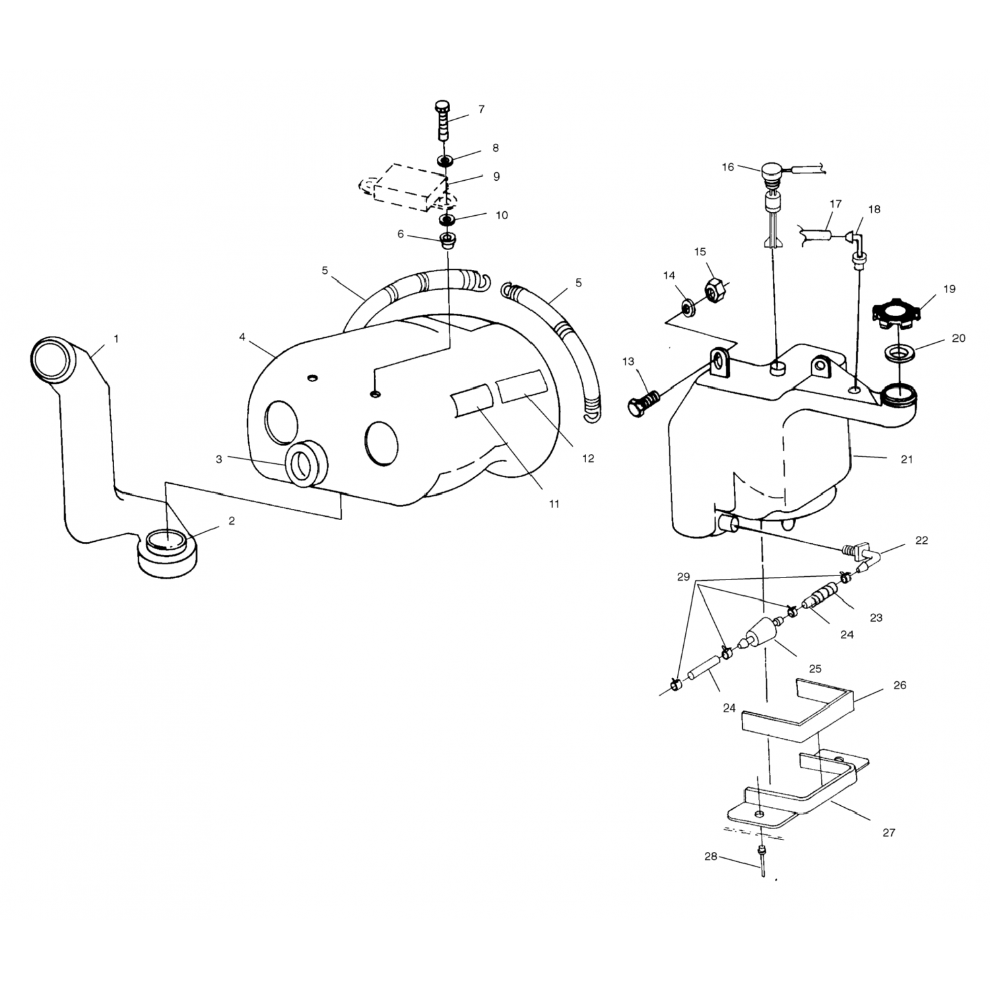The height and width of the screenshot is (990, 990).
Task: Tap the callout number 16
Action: tap(727, 167)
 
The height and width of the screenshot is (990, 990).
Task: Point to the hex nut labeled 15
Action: tap(714, 288)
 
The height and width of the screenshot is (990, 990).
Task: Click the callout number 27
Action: tap(888, 832)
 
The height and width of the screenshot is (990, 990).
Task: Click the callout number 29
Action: tap(683, 577)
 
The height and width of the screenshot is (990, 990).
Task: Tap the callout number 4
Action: tap(242, 337)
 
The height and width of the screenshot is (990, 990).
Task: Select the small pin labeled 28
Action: tap(762, 861)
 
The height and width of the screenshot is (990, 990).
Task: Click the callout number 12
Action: tap(588, 458)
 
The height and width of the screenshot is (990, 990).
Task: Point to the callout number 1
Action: tap(116, 339)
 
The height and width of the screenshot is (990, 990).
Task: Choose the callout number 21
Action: tap(906, 459)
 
